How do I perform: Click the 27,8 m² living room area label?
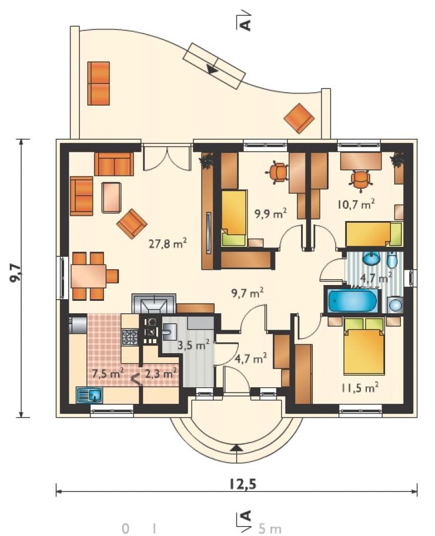pyautogui.click(x=168, y=243)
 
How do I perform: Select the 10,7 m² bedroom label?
pyautogui.click(x=356, y=204)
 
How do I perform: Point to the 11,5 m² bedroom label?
pyautogui.click(x=359, y=388)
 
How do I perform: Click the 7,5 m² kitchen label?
pyautogui.click(x=108, y=373)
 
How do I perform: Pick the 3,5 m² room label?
pyautogui.click(x=193, y=345)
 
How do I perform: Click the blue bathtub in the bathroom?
pyautogui.click(x=352, y=300)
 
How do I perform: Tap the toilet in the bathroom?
pyautogui.click(x=392, y=261)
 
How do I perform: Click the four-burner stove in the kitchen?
pyautogui.click(x=130, y=336)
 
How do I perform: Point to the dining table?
pyautogui.click(x=89, y=276)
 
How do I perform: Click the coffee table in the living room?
pyautogui.click(x=112, y=197)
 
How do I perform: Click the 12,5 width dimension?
pyautogui.click(x=243, y=484)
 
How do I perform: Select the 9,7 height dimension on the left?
pyautogui.click(x=15, y=273)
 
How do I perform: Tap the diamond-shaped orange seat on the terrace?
pyautogui.click(x=299, y=118)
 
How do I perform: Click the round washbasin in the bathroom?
pyautogui.click(x=371, y=259)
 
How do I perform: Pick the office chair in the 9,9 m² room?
pyautogui.click(x=278, y=172)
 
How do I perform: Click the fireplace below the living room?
pyautogui.click(x=154, y=303)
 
